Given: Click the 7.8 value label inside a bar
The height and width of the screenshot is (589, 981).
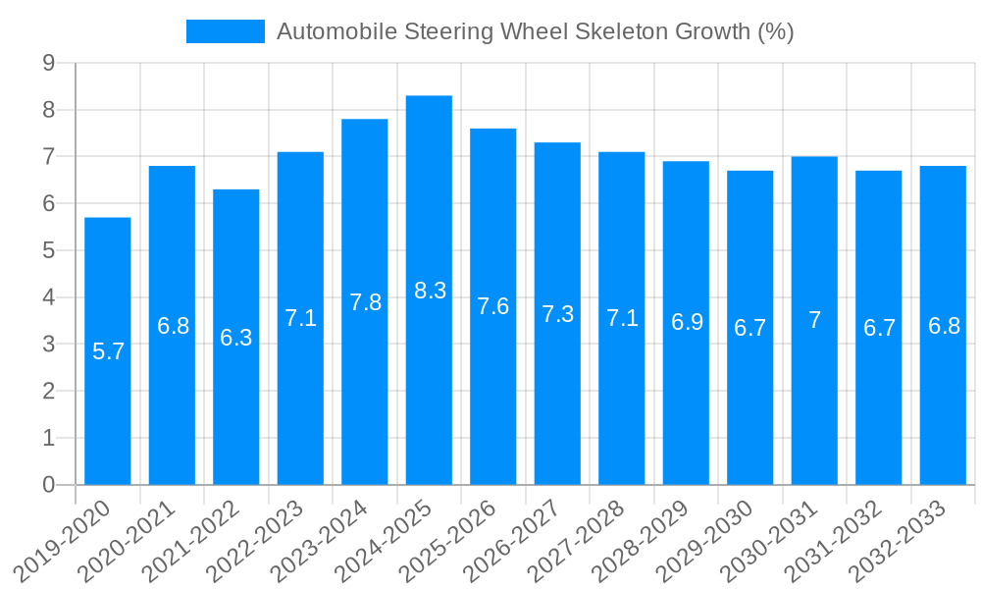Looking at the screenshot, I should [365, 302].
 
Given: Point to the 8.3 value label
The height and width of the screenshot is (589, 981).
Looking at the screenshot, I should [430, 291].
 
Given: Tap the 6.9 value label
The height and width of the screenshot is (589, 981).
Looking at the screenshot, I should [687, 322].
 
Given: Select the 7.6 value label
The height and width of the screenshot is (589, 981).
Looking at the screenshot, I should [493, 306].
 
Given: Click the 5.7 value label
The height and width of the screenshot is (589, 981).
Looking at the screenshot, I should [108, 351].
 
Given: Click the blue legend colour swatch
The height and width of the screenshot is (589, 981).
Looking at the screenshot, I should [226, 31].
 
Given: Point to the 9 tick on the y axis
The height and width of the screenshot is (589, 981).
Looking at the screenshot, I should [48, 64].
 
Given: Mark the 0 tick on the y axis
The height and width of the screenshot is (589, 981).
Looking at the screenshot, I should [48, 485].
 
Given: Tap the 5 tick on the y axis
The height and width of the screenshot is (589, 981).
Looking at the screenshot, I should [48, 251].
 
